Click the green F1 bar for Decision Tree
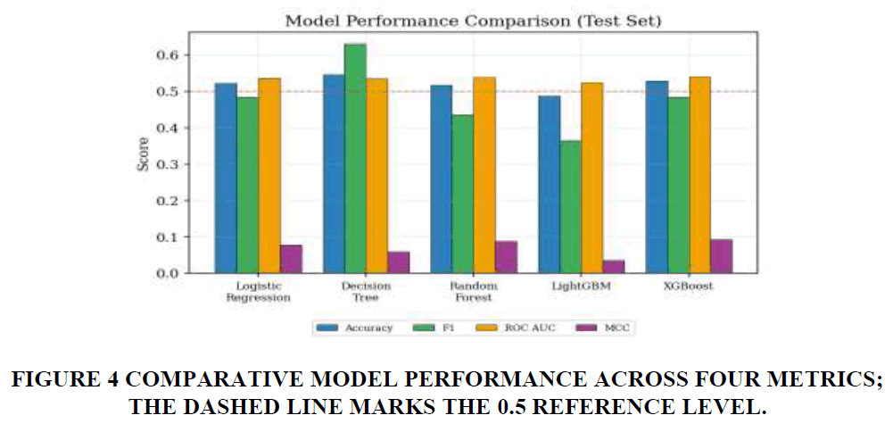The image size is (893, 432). point(355,159)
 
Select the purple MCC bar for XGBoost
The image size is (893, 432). point(721,256)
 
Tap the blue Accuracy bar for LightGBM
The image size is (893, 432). point(549,184)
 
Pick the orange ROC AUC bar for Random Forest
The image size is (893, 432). point(484,175)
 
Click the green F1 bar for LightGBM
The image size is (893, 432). point(571,207)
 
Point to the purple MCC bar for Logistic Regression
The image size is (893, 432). point(291,259)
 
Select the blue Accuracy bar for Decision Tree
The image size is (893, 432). point(335,174)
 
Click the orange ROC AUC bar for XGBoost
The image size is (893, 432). point(700,175)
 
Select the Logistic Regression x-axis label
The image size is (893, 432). point(258,291)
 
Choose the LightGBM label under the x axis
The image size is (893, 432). point(581,286)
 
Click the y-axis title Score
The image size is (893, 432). point(144,154)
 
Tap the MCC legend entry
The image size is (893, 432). point(604,328)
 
